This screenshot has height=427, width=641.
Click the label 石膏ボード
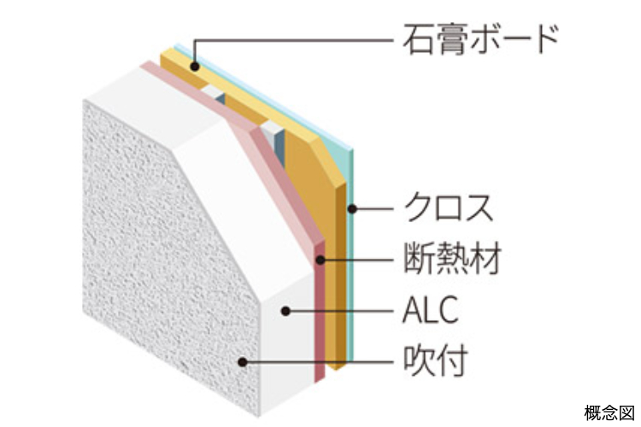coord(480,39)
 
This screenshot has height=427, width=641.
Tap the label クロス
coord(449,208)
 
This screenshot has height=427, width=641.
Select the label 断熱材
coord(452,258)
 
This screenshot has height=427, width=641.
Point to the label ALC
coord(431,310)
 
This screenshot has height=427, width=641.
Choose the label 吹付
coord(436,360)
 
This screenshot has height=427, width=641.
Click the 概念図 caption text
coord(609,412)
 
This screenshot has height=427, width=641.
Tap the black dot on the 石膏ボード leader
coord(195,66)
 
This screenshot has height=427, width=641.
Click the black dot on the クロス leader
coord(352,209)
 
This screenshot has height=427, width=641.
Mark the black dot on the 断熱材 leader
coord(320,260)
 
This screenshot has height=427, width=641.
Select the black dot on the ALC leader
coord(285,312)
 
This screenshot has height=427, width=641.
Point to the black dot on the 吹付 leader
coord(243,361)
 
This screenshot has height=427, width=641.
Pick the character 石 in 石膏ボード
coord(418,39)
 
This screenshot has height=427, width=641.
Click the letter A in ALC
coord(412,311)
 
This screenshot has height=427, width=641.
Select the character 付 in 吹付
coord(452,360)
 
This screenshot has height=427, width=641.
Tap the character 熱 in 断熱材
coord(452,258)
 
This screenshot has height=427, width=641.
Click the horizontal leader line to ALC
coord(339,312)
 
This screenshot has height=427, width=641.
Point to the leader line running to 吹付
coord(318,361)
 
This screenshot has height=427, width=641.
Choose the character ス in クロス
coord(479,208)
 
